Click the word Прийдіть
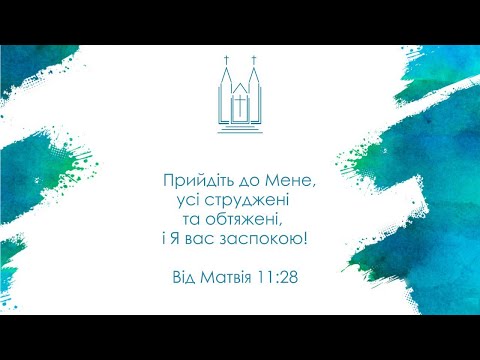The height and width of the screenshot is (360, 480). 196,181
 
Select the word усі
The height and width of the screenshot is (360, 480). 187,200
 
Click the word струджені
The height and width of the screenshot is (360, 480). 244,200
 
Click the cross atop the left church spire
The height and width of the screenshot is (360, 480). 228,61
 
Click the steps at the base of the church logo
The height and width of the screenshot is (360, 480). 240,123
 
